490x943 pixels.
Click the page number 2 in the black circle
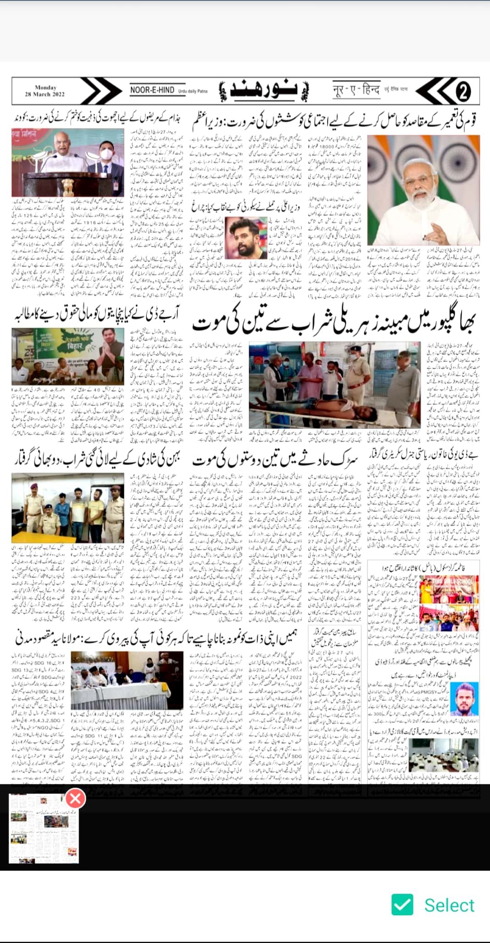click(462, 92)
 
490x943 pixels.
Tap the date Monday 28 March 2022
click(45, 91)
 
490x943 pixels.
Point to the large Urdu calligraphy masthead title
click(265, 91)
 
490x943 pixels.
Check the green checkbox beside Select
click(402, 905)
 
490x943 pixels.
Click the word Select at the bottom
click(449, 905)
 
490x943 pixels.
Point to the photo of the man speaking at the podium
click(67, 162)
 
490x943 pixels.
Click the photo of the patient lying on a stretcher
click(334, 385)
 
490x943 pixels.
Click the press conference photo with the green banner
click(67, 356)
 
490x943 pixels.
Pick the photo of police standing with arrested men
click(67, 508)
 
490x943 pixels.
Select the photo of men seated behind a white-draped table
click(127, 680)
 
